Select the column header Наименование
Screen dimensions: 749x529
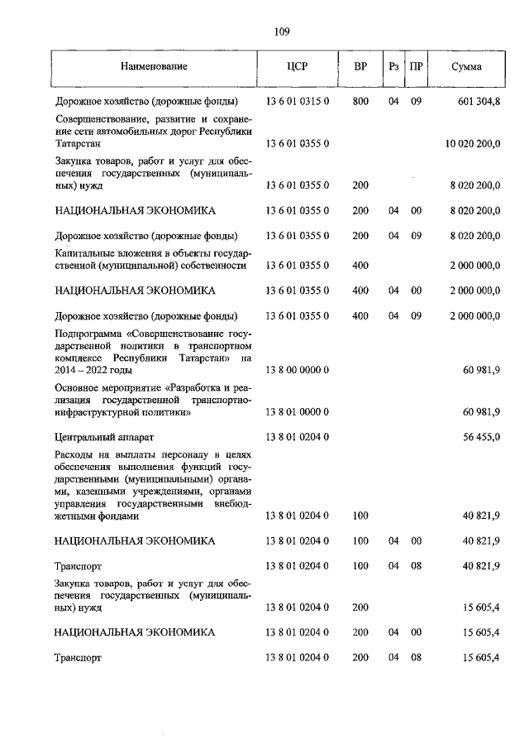tap(154, 66)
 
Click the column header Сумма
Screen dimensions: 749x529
tap(467, 66)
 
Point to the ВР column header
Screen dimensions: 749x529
tap(360, 66)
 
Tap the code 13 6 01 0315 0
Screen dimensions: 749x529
tap(298, 102)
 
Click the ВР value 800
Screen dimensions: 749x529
tap(360, 102)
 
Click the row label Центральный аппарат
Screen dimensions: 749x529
tap(104, 435)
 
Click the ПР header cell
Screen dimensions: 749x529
tap(417, 66)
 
